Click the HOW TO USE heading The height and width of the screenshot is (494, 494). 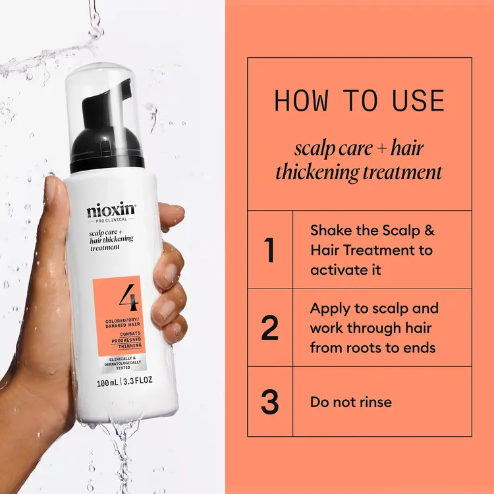359,101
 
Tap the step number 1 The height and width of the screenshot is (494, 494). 269,250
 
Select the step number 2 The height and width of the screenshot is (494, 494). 269,328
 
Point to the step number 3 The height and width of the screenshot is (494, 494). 269,402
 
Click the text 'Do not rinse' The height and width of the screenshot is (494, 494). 351,401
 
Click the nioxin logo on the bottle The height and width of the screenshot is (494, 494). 111,212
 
